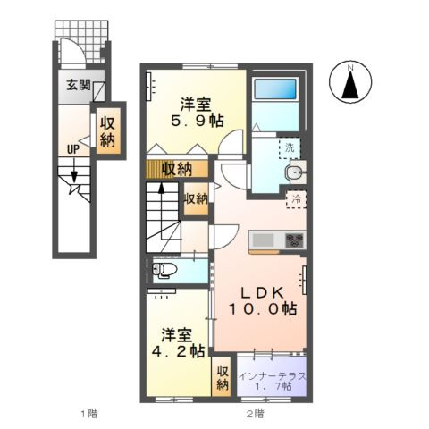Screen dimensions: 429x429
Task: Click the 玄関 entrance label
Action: pos(78,86)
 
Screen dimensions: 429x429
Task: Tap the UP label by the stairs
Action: pos(73,149)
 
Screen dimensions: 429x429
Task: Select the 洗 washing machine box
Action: pos(290,148)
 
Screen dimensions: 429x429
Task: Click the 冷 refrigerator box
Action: pos(296,199)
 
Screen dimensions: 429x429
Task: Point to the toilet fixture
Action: pos(164,270)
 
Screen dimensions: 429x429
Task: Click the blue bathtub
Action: pos(275,88)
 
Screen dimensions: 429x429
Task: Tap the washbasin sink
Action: pos(294,172)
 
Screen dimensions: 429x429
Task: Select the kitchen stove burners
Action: pos(294,240)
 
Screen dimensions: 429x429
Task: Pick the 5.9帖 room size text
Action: pos(198,121)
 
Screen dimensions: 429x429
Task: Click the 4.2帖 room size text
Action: pos(178,351)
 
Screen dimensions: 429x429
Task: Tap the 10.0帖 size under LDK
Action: pos(262,308)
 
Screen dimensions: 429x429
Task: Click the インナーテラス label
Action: pos(273,376)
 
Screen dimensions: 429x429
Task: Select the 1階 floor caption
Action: pos(89,414)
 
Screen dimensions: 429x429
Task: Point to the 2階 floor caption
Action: pos(255,414)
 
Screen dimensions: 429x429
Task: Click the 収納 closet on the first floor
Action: pos(108,130)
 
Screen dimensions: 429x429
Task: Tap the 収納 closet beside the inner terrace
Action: pos(223,378)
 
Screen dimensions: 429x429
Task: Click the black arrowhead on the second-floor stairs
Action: pos(162,188)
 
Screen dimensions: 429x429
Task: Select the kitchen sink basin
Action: pos(264,240)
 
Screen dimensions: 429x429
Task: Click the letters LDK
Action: pos(262,293)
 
